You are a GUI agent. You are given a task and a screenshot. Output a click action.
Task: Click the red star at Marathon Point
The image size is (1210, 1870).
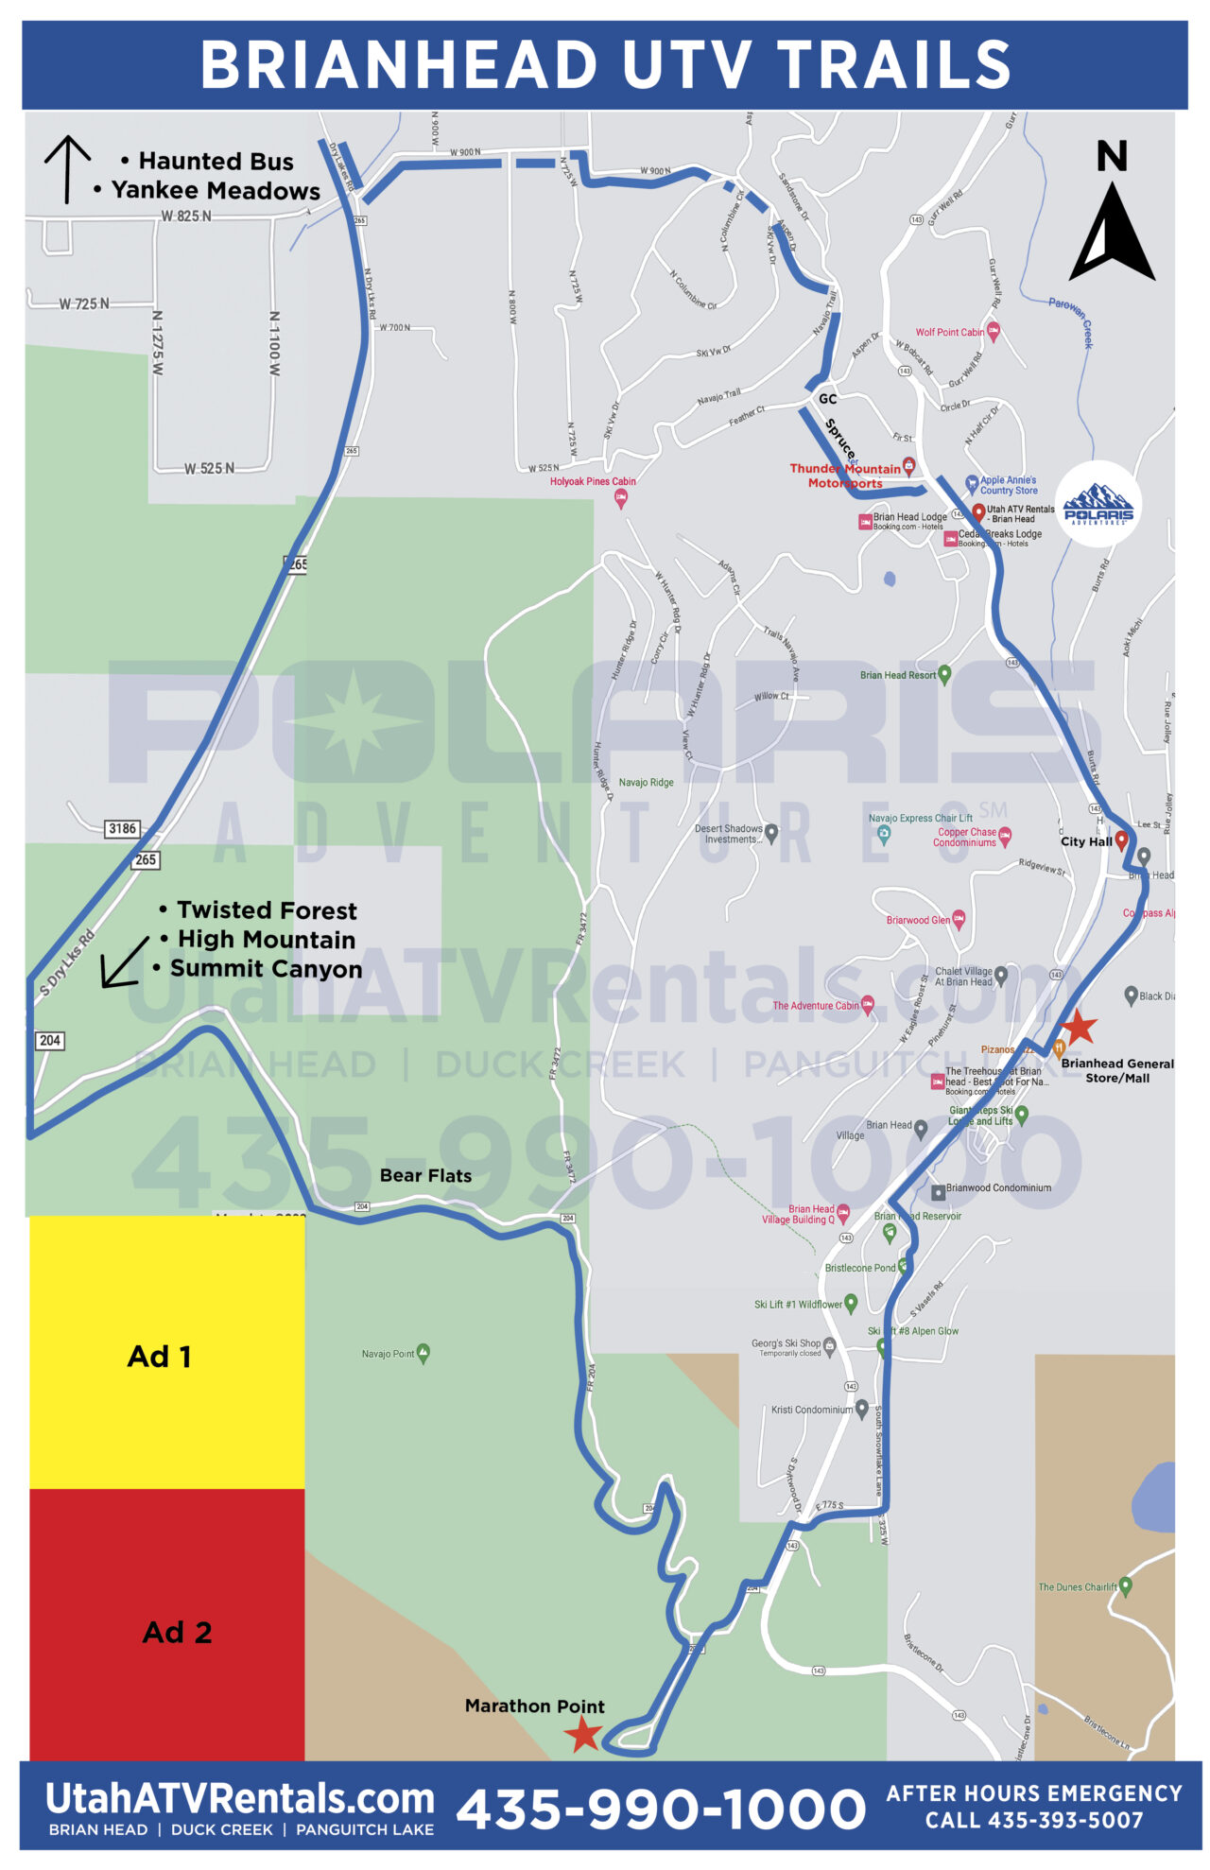pyautogui.click(x=582, y=1733)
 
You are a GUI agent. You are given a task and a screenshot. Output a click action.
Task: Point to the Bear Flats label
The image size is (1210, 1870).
pyautogui.click(x=425, y=1175)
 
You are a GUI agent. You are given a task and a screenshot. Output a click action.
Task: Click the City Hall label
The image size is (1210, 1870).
pyautogui.click(x=1086, y=841)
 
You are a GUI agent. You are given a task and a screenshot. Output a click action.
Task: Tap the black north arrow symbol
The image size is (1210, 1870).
pyautogui.click(x=1111, y=233)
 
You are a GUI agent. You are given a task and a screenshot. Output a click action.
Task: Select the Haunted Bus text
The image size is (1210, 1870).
pyautogui.click(x=216, y=162)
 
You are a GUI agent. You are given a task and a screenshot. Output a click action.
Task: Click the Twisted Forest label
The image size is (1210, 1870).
pyautogui.click(x=267, y=910)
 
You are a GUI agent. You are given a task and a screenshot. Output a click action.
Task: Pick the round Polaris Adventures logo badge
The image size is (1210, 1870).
pyautogui.click(x=1098, y=504)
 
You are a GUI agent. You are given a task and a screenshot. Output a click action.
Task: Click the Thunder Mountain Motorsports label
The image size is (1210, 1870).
pyautogui.click(x=845, y=476)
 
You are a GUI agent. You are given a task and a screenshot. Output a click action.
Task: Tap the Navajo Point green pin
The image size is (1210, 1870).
pyautogui.click(x=423, y=1353)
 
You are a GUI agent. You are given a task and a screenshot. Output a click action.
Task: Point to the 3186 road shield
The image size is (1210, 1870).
pyautogui.click(x=122, y=829)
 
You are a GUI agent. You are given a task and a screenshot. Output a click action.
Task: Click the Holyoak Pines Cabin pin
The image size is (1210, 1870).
pyautogui.click(x=621, y=498)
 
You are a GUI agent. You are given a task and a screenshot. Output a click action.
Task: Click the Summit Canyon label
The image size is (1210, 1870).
pyautogui.click(x=266, y=969)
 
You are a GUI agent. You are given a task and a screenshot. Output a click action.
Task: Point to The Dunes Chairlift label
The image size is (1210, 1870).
pyautogui.click(x=1077, y=1587)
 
